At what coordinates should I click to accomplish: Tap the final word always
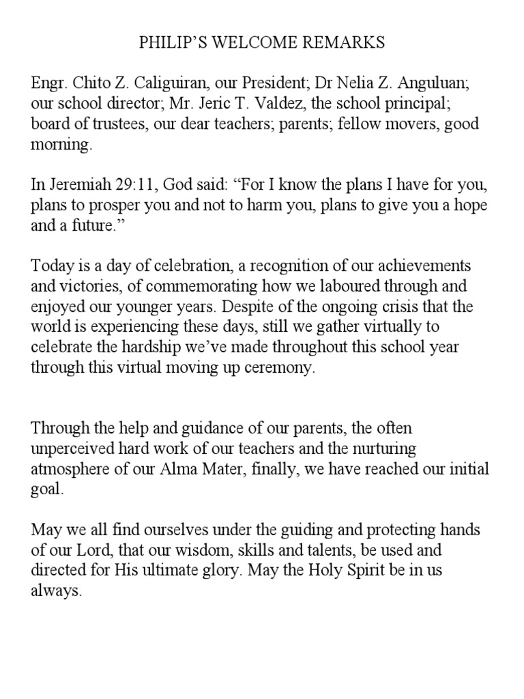tap(57, 589)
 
